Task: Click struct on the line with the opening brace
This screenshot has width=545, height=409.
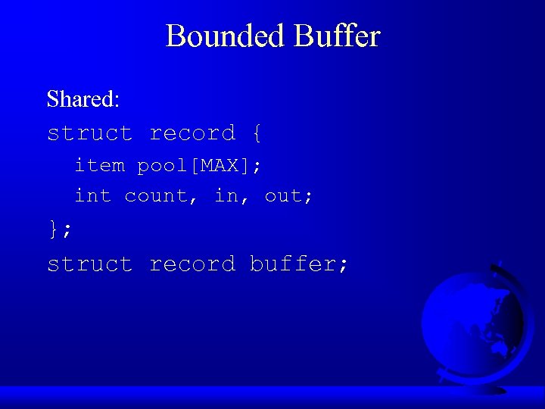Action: (x=89, y=133)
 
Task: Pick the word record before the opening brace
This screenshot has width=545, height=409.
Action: (x=192, y=133)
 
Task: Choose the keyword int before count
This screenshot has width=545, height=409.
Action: (x=92, y=195)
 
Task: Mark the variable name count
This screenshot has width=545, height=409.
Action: (x=155, y=195)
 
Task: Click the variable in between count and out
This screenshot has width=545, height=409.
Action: (x=225, y=195)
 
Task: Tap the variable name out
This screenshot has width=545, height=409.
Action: (x=282, y=195)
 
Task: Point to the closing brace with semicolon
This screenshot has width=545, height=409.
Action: (x=60, y=230)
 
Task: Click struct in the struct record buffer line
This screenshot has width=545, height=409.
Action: (x=89, y=264)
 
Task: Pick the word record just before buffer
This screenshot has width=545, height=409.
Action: (x=192, y=264)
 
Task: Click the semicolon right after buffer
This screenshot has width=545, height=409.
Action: (x=344, y=264)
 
